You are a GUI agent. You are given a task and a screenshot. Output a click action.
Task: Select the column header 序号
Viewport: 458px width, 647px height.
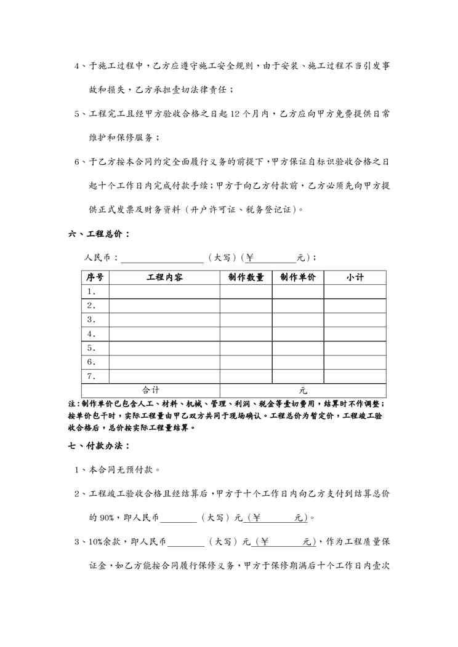point(95,277)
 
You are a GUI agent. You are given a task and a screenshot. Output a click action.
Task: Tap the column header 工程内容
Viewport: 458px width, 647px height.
point(164,277)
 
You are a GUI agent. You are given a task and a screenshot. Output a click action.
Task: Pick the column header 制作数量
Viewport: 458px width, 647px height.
point(246,277)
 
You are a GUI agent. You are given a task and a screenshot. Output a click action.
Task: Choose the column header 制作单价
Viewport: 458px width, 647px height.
point(298,277)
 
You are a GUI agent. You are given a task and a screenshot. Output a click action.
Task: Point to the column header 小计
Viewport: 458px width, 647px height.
point(355,277)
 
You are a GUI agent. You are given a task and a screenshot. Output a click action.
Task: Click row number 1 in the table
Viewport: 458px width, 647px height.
point(92,292)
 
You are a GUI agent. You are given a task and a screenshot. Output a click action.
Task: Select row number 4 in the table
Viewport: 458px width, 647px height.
point(92,334)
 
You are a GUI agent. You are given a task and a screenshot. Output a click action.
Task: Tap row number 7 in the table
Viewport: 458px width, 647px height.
point(92,376)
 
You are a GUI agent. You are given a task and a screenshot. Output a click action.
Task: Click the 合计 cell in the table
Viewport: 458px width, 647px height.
point(151,390)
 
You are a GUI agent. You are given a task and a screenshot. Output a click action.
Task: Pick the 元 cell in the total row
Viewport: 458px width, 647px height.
point(303,390)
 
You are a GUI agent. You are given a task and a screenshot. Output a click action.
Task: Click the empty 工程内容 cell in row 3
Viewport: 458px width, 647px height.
point(164,320)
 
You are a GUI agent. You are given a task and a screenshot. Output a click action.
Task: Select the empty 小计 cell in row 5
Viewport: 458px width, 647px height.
point(355,348)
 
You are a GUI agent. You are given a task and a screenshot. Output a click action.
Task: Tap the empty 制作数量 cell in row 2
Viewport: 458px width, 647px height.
point(246,306)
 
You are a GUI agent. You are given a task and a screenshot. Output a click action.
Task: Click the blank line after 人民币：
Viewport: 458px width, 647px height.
point(163,257)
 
